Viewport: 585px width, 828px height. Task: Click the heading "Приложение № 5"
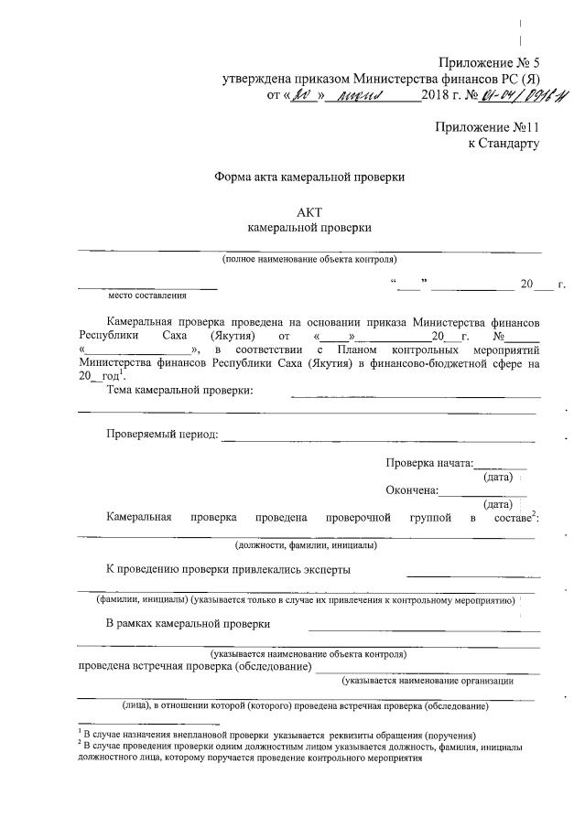(x=490, y=63)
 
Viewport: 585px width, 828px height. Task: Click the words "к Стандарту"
(x=503, y=143)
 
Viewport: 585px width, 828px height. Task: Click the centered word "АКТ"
(x=309, y=210)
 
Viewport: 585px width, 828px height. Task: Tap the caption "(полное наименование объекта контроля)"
(x=309, y=260)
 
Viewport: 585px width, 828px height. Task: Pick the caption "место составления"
(x=146, y=295)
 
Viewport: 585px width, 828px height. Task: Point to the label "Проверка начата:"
(x=430, y=463)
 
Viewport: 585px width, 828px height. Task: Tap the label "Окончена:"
(x=412, y=489)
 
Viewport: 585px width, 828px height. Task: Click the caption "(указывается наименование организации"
(x=427, y=681)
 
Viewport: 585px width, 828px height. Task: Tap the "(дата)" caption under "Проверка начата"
(x=497, y=477)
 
